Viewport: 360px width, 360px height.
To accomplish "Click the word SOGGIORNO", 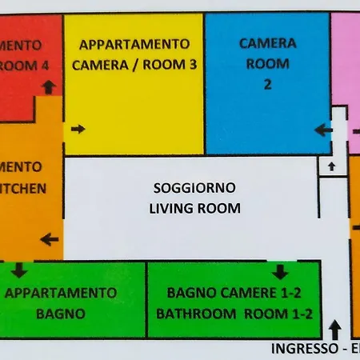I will [x=194, y=188].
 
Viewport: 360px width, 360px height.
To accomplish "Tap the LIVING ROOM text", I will [x=194, y=208].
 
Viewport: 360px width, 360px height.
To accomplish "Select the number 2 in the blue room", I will [x=267, y=82].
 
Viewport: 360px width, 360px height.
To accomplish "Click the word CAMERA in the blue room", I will [x=267, y=43].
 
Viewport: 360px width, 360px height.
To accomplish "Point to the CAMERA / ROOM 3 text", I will [x=134, y=66].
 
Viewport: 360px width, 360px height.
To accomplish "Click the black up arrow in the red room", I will [x=49, y=86].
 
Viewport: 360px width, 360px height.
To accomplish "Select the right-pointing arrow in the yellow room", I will [x=78, y=128].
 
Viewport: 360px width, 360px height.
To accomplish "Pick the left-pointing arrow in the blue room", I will [x=322, y=128].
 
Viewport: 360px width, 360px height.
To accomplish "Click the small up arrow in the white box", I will [x=330, y=166].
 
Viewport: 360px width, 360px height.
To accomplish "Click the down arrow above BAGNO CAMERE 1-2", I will [x=279, y=270].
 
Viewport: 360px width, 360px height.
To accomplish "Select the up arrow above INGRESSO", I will [x=334, y=328].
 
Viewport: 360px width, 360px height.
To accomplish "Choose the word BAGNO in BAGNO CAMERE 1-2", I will [x=189, y=293].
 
